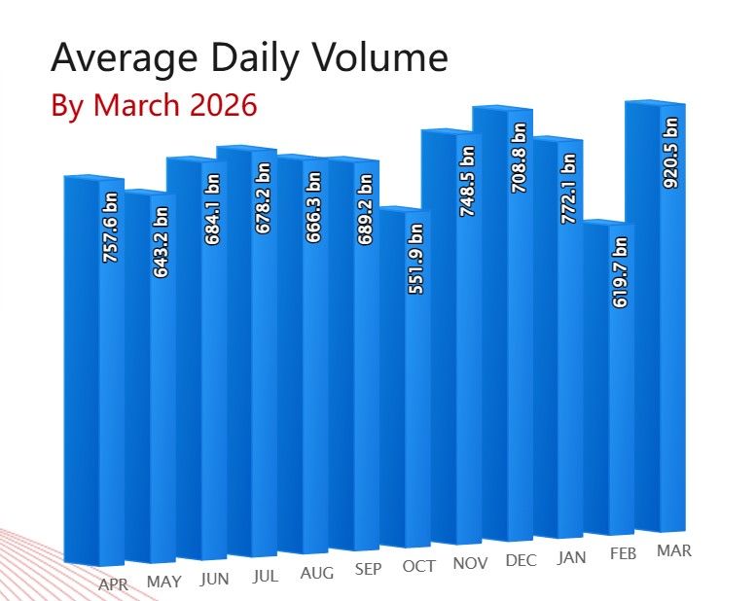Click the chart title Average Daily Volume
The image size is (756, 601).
coord(249,58)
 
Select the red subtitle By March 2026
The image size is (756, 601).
coord(154,105)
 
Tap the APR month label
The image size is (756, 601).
coord(114,584)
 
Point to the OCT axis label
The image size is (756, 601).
coord(418,566)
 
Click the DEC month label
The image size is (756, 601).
coord(522,560)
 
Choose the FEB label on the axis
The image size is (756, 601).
coord(623,553)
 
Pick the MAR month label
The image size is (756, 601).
coord(674,550)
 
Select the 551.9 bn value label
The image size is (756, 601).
coord(415,260)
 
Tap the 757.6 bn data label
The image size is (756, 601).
coord(110,229)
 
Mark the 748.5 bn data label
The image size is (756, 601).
coord(467,181)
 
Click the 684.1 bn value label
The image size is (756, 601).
coord(212,208)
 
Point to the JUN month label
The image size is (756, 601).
coord(214,579)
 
